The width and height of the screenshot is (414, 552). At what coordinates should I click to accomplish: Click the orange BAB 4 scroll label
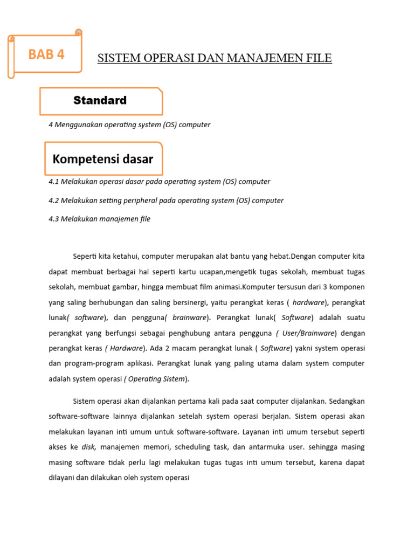click(x=46, y=54)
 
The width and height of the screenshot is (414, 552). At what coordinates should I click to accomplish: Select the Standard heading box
click(x=100, y=101)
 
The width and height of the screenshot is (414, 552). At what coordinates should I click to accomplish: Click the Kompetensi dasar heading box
click(x=103, y=159)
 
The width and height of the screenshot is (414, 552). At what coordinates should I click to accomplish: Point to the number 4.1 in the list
click(x=53, y=182)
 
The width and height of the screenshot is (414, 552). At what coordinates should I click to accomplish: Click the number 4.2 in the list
click(x=53, y=201)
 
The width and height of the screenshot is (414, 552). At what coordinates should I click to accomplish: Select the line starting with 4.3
click(x=99, y=219)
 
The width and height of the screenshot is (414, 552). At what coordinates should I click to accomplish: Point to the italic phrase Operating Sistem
click(x=156, y=379)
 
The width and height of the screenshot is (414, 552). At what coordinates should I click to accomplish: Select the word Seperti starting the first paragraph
click(x=85, y=256)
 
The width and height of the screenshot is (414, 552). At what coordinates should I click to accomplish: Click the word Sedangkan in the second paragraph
click(x=344, y=402)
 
